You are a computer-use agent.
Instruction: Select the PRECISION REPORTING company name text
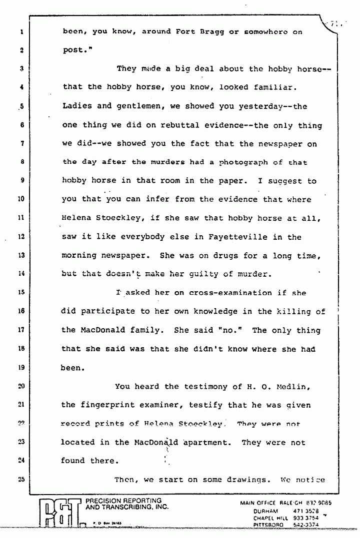(x=123, y=501)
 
